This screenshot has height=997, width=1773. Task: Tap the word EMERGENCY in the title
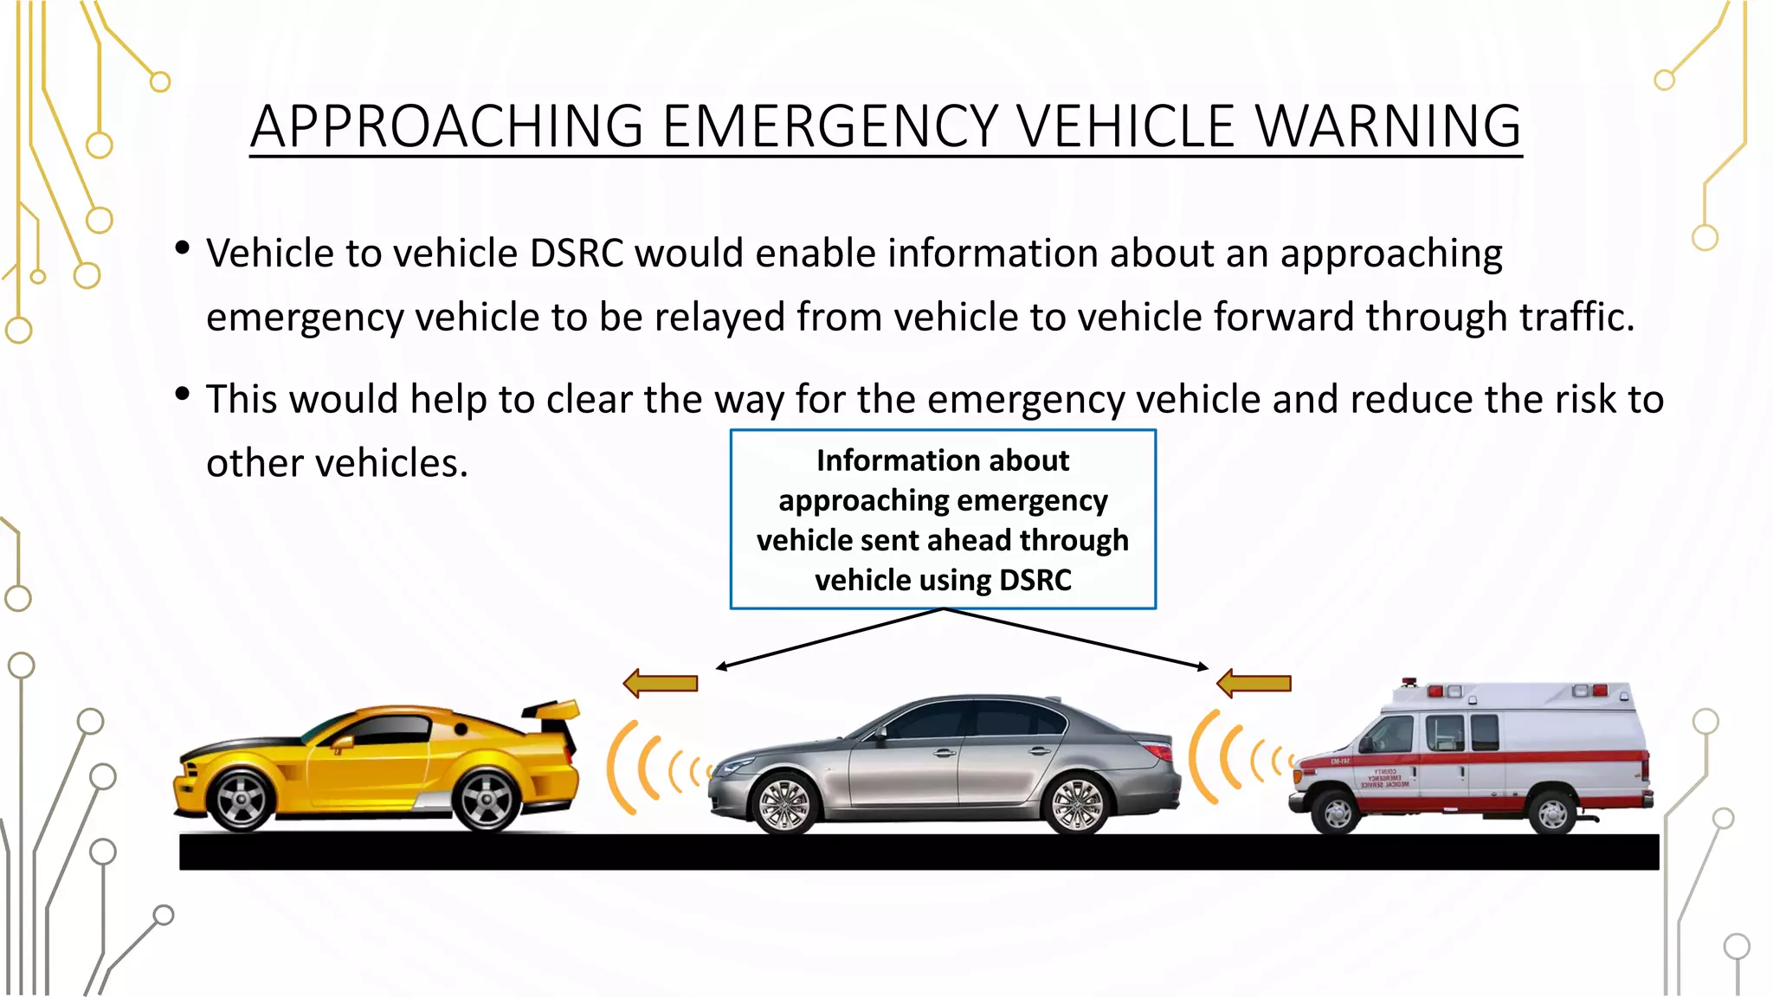point(831,126)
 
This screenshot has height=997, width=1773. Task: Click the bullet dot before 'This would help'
point(182,395)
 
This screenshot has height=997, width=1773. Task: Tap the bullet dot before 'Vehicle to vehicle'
point(182,248)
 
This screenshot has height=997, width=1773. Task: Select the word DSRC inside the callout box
point(1035,580)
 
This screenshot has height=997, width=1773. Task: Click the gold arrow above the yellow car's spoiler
point(661,684)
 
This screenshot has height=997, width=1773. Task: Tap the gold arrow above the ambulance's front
point(1254,684)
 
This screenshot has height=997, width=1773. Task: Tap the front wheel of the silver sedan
point(784,803)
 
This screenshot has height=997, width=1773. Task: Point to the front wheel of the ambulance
point(1337,813)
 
